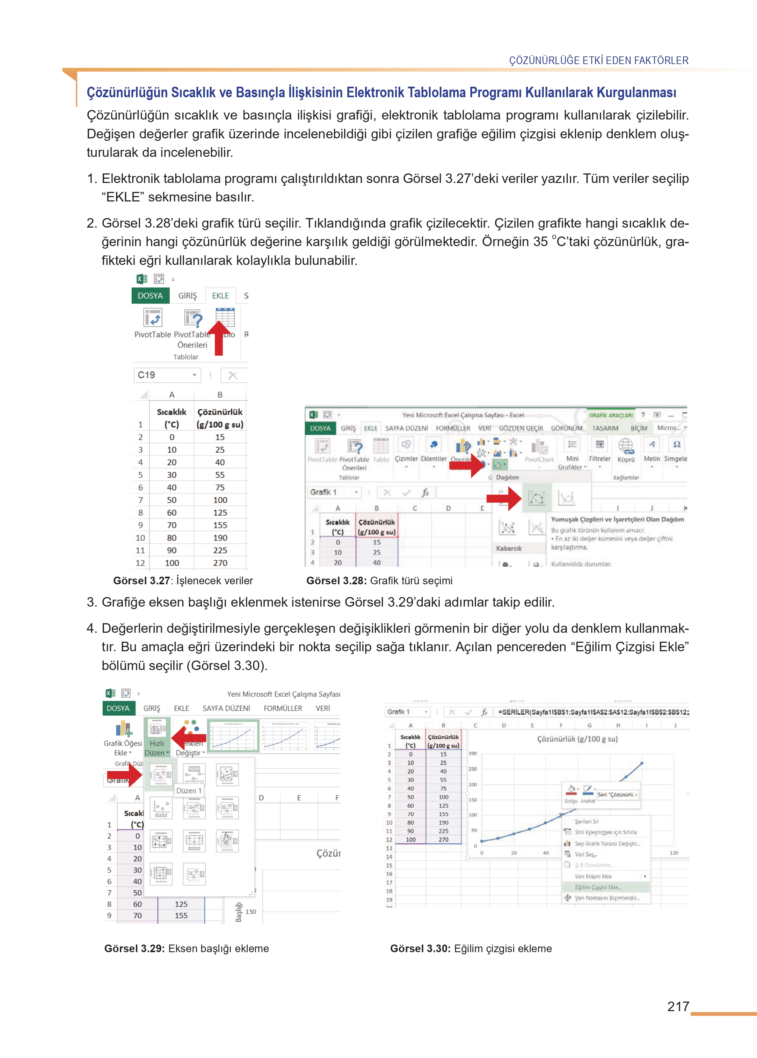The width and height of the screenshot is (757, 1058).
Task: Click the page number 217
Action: (x=678, y=1006)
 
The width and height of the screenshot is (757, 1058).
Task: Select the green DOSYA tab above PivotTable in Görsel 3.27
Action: (x=150, y=296)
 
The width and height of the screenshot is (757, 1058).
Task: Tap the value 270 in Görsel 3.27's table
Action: (x=220, y=563)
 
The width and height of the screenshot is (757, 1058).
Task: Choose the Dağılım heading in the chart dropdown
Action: (x=507, y=477)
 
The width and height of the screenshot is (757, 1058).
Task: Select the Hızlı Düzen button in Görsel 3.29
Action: (x=156, y=739)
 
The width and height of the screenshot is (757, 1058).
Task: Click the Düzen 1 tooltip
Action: (x=189, y=791)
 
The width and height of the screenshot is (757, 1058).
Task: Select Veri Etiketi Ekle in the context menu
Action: (x=593, y=877)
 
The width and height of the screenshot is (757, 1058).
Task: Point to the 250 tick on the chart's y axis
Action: (x=473, y=769)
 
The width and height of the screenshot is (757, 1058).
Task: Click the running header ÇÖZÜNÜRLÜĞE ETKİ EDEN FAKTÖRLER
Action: (x=599, y=61)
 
